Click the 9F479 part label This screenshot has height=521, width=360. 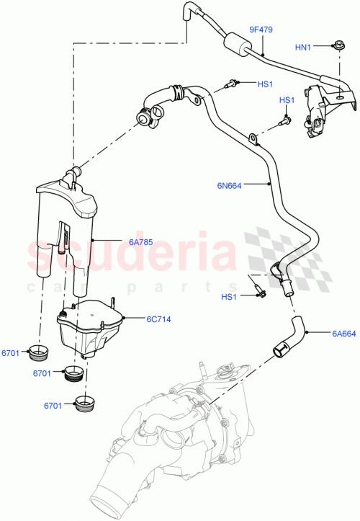tap(261, 30)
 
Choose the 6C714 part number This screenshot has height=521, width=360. tap(158, 318)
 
